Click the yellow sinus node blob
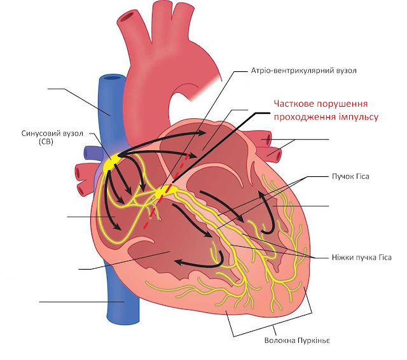112,163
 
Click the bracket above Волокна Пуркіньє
273,328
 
